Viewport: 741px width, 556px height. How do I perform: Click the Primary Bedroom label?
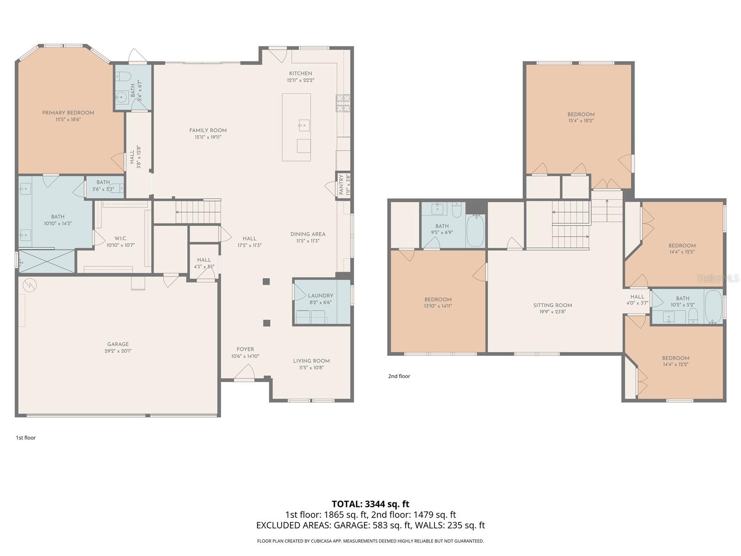coord(68,113)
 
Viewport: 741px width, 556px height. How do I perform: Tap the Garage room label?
coord(118,344)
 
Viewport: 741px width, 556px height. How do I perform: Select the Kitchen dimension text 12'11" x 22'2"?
coord(301,80)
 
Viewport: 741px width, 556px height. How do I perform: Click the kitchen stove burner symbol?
coord(343,103)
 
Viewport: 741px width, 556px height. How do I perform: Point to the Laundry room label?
coord(320,296)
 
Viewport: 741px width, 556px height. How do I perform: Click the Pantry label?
coord(341,185)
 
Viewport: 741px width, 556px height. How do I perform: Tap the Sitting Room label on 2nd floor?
coord(553,305)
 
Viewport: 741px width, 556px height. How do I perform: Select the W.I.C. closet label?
coord(120,238)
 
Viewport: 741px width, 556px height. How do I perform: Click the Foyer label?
coord(245,349)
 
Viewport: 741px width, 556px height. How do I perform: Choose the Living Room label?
coord(311,361)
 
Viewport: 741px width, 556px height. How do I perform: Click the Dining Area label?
coord(308,234)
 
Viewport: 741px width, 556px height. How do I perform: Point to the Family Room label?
coord(208,130)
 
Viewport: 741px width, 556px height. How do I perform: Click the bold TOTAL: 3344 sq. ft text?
coord(370,504)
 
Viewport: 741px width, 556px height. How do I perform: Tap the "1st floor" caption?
coord(25,438)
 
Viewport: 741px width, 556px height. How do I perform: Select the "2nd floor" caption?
coord(399,376)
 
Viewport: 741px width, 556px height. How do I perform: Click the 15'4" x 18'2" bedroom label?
coord(581,120)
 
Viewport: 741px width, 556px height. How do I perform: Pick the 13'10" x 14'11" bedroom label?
coord(438,306)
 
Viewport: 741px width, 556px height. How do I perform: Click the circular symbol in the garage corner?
coord(30,285)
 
